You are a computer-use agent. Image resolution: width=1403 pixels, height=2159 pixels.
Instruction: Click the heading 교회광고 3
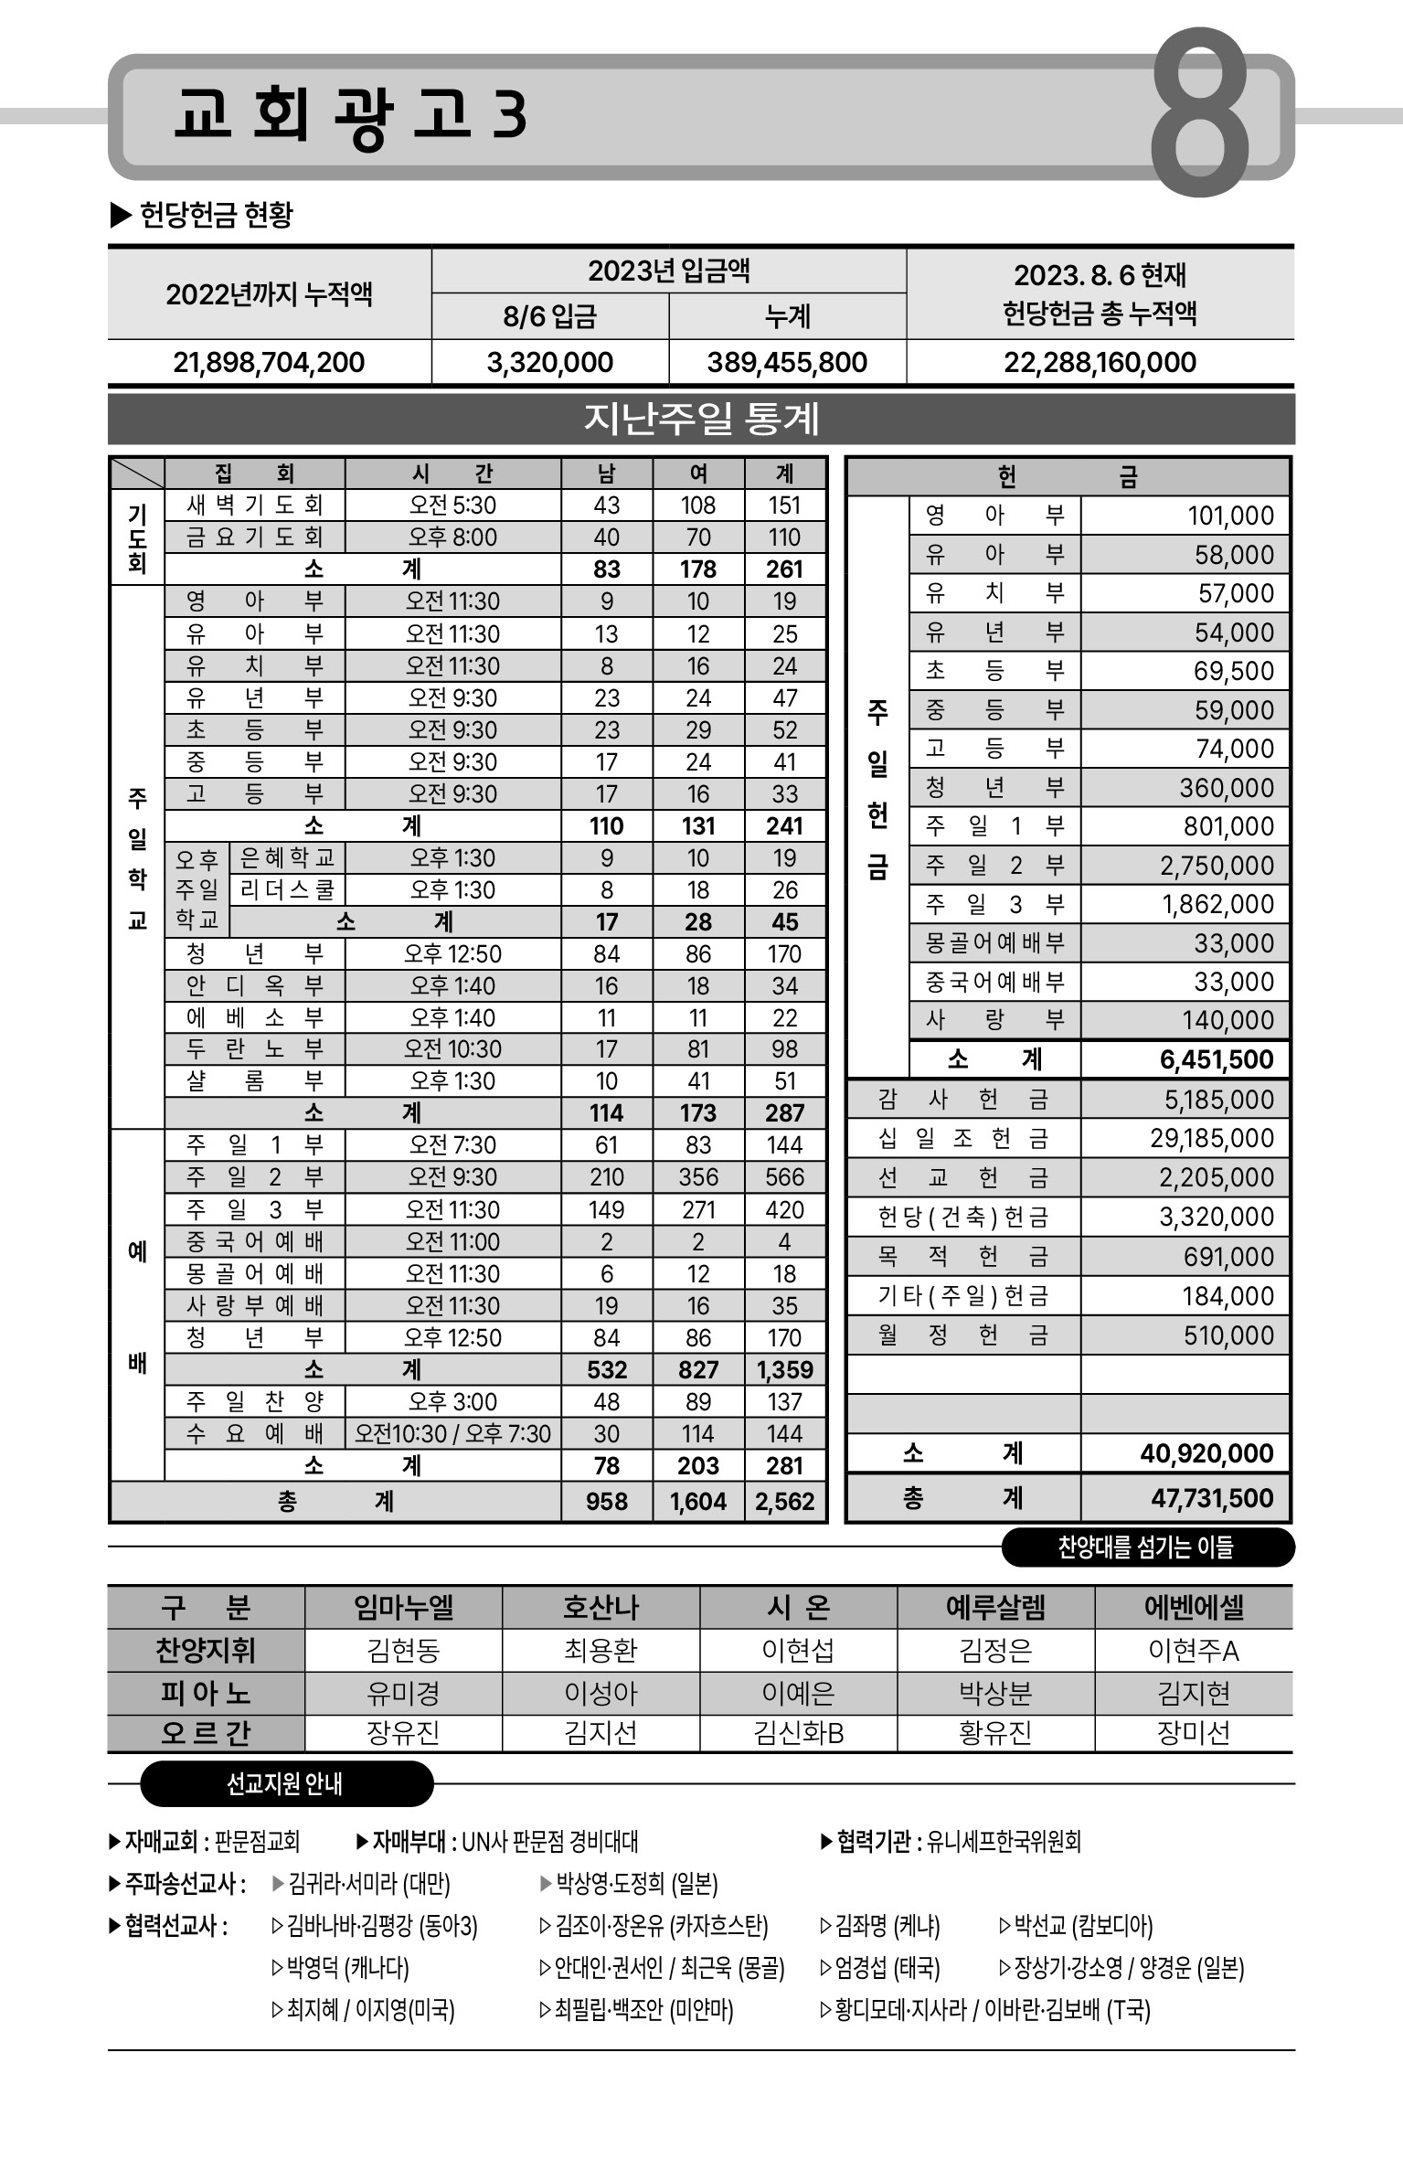(x=350, y=115)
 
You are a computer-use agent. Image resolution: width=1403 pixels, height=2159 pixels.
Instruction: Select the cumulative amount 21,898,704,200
(x=269, y=363)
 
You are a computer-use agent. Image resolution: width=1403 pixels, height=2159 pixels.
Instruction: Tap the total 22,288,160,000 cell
(x=1100, y=363)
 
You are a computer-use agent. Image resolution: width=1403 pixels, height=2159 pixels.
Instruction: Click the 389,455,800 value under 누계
(x=787, y=363)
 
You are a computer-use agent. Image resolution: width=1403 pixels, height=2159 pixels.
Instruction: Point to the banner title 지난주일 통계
(x=701, y=420)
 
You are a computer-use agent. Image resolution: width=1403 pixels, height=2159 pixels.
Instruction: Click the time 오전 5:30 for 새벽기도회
(x=452, y=505)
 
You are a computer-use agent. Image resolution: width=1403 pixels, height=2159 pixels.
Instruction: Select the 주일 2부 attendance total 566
(x=784, y=1177)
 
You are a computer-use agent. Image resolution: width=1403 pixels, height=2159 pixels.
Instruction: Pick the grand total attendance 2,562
(x=784, y=1502)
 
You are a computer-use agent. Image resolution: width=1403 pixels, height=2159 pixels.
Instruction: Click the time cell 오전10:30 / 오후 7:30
(x=452, y=1433)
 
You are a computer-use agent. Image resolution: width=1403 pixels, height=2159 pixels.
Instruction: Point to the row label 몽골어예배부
(x=994, y=942)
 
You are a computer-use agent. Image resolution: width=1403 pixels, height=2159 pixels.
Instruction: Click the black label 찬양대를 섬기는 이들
(x=1146, y=1547)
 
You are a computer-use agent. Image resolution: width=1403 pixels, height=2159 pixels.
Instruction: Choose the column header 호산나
(x=601, y=1607)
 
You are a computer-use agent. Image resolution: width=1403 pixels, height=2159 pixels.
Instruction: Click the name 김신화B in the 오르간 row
(x=798, y=1732)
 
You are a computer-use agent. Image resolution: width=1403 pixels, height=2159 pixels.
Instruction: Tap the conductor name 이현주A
(x=1193, y=1651)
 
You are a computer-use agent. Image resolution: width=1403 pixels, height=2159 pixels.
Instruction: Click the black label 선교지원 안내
(x=284, y=1783)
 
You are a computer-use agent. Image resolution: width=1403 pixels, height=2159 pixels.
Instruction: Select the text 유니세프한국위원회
(x=1004, y=1841)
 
